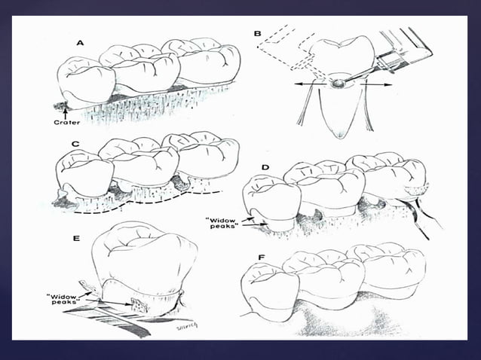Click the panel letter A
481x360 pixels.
[80, 43]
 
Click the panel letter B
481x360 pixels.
[259, 34]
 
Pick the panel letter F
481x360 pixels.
[260, 258]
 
